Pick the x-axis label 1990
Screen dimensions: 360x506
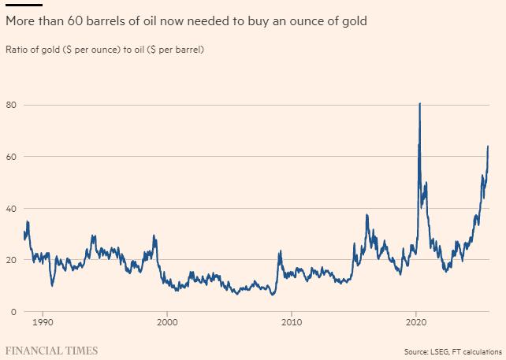point(43,323)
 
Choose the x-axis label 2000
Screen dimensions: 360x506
point(167,323)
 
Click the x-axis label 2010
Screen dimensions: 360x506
point(292,323)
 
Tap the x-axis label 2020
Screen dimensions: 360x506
point(416,323)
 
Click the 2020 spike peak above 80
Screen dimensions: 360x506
point(419,103)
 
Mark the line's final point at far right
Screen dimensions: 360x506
point(489,146)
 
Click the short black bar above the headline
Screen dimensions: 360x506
point(24,5)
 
